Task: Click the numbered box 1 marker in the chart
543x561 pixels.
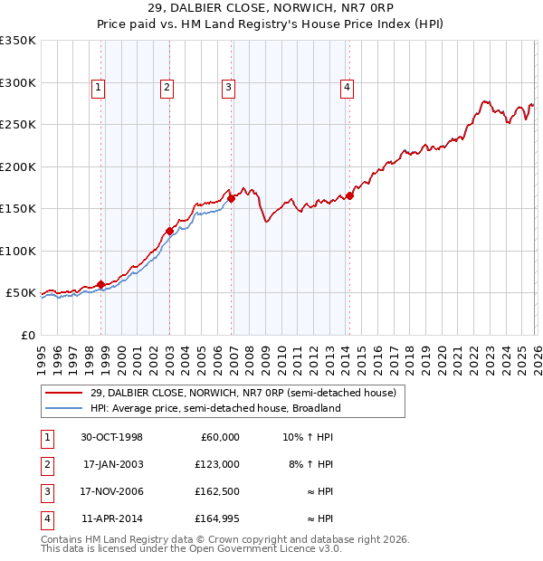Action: (x=98, y=88)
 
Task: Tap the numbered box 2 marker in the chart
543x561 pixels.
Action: (x=167, y=88)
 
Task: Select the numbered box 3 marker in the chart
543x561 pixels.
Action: (x=228, y=88)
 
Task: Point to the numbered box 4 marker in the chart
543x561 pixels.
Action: (x=347, y=88)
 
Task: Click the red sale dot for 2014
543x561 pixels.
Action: (x=349, y=196)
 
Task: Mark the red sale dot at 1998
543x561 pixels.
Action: (x=101, y=284)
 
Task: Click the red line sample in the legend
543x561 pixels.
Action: (x=63, y=394)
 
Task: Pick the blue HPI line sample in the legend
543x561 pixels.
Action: (x=63, y=408)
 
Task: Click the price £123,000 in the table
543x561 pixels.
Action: (x=217, y=464)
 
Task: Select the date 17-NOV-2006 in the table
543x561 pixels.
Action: (x=112, y=491)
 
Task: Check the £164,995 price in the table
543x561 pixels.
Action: (x=217, y=518)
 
